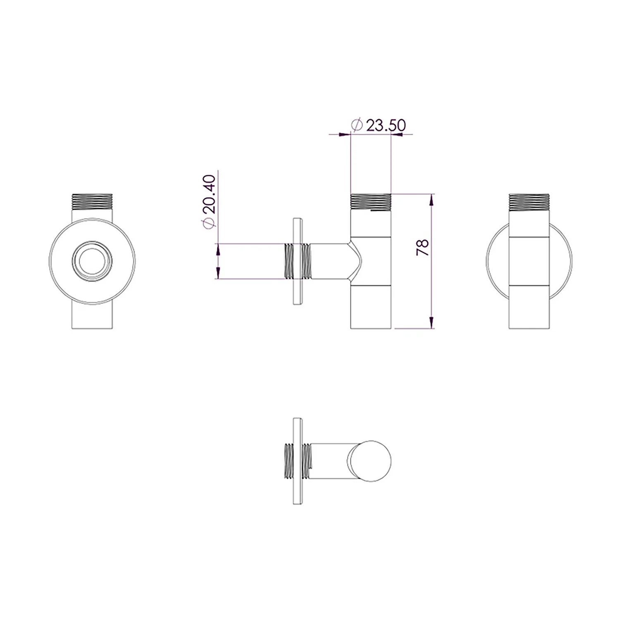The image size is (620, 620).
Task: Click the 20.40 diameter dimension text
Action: point(210,194)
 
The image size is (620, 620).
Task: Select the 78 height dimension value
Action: point(423,247)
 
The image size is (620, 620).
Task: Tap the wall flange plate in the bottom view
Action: point(297,461)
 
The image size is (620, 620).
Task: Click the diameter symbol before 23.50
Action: point(357,125)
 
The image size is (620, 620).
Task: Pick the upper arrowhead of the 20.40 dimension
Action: point(217,248)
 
